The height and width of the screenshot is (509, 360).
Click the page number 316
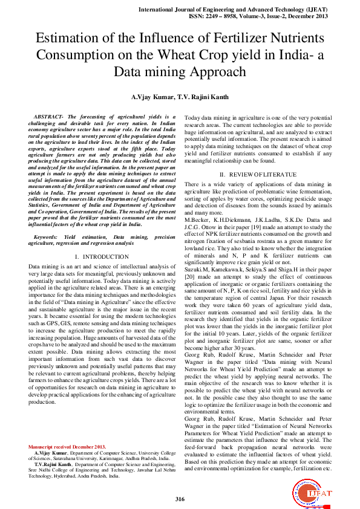point(180,499)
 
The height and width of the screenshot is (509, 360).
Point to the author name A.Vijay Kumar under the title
point(152,97)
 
